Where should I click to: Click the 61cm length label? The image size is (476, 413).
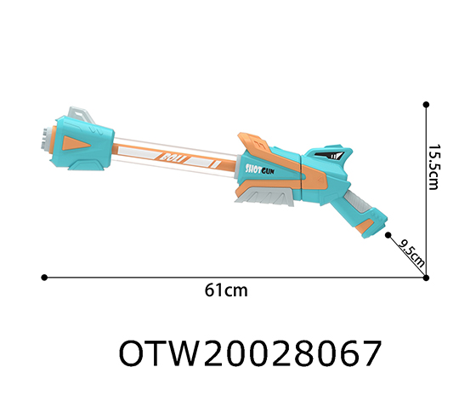tap(226, 290)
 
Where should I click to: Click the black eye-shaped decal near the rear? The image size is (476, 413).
tap(330, 155)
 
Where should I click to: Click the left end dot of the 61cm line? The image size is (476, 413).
tap(44, 276)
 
